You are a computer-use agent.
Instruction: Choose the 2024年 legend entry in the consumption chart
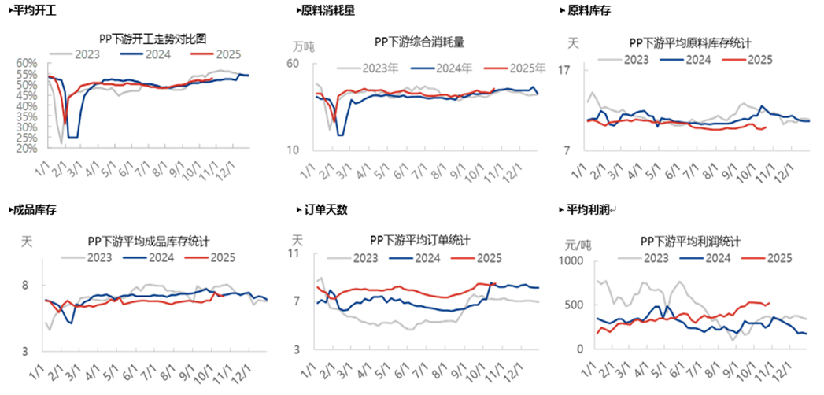[x=454, y=68]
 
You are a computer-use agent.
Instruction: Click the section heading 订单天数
[x=326, y=210]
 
